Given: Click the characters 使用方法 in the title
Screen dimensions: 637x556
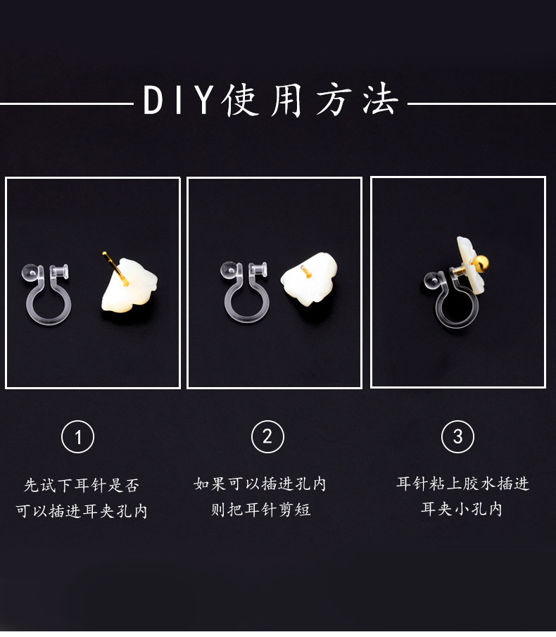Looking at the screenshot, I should click(310, 100).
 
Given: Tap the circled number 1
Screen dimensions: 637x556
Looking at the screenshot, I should click(78, 437).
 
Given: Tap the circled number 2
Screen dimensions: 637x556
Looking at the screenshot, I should click(267, 437).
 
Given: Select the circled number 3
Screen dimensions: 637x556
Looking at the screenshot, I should click(457, 437).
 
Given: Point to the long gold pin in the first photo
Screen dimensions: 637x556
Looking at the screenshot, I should click(115, 268).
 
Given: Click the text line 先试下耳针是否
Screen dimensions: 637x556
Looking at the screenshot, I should click(82, 485).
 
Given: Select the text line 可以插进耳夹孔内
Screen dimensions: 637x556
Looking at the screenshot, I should click(82, 511).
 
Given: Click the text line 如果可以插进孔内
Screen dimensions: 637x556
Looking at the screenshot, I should click(260, 484).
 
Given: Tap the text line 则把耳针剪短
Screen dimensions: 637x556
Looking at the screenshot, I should click(260, 509).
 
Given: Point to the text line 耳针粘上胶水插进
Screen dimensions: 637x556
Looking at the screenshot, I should click(462, 484).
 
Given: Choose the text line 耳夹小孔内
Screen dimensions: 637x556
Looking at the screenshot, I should click(462, 509).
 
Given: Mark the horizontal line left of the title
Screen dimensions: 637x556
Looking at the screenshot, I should click(67, 104).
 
